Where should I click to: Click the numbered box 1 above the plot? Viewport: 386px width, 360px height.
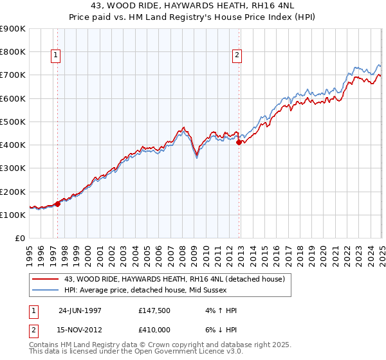[57, 56]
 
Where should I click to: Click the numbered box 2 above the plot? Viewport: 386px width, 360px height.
[237, 56]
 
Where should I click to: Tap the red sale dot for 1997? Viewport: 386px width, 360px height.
[58, 204]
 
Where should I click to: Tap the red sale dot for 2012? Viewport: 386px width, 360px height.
[239, 143]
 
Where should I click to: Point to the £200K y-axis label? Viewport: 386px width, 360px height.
[14, 192]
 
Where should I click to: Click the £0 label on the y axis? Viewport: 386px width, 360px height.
[20, 239]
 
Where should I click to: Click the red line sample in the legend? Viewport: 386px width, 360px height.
[46, 279]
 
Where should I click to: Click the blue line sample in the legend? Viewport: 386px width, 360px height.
[46, 290]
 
